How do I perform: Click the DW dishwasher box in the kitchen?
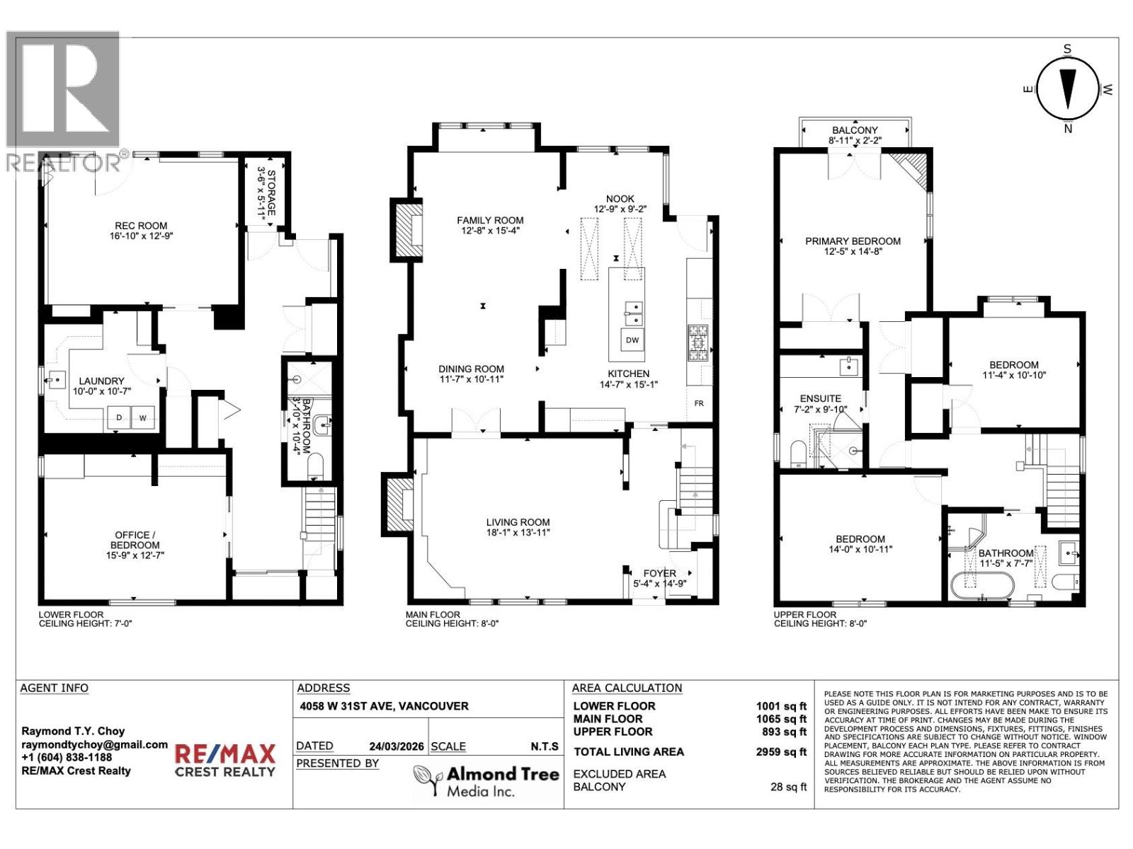632,340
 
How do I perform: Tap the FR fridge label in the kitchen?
699,403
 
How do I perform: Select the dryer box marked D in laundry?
119,418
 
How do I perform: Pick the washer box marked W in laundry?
142,418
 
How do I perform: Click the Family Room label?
490,221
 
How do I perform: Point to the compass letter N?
1068,129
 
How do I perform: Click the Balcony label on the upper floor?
855,130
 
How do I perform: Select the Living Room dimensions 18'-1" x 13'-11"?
518,533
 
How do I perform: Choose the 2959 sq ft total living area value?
781,752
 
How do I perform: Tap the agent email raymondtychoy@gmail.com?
94,745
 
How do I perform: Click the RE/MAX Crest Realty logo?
224,761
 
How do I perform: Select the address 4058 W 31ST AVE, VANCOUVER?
382,706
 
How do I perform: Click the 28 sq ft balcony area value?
788,787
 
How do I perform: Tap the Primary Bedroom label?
853,241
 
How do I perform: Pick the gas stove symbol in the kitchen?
697,344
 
